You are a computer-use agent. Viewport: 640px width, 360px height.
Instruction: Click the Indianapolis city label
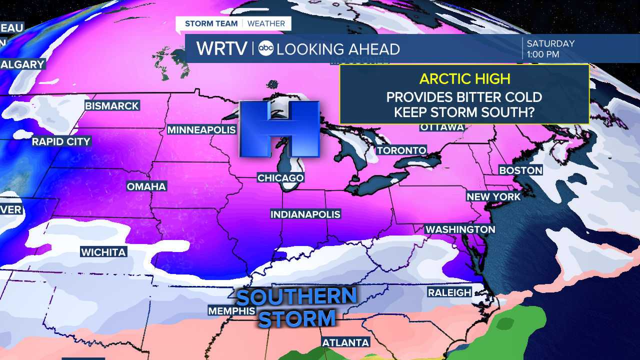click(x=305, y=214)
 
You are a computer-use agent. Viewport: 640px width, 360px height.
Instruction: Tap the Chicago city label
click(x=280, y=178)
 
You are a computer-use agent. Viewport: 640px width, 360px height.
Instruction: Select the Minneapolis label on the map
click(x=201, y=130)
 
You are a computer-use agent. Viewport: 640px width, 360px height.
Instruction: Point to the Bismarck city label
click(x=112, y=106)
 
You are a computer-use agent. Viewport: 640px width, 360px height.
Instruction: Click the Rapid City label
click(x=61, y=142)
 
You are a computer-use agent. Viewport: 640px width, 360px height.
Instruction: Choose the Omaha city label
click(x=146, y=186)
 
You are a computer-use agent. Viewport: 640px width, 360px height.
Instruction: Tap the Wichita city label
click(x=103, y=252)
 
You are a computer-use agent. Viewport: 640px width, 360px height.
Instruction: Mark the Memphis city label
click(x=231, y=311)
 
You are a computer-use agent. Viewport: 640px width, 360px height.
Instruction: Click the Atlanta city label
click(x=346, y=342)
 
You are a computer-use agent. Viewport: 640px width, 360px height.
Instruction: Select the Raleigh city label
click(x=449, y=292)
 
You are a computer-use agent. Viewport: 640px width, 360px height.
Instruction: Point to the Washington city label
click(x=460, y=229)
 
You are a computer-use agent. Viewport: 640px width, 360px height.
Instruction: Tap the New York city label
click(x=493, y=197)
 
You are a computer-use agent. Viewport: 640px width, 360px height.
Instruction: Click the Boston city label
click(x=520, y=170)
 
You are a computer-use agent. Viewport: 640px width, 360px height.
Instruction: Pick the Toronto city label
click(x=401, y=150)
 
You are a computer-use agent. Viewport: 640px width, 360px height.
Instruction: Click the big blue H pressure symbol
click(x=279, y=128)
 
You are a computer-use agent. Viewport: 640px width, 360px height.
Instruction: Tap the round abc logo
click(x=265, y=48)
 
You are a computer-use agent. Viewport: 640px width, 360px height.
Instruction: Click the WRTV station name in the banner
click(x=221, y=48)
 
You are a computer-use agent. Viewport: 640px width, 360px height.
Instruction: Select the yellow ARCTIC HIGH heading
click(x=464, y=79)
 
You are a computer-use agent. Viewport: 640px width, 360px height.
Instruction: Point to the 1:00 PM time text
click(x=543, y=54)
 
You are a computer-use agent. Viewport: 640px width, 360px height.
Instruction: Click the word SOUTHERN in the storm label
click(x=296, y=297)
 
